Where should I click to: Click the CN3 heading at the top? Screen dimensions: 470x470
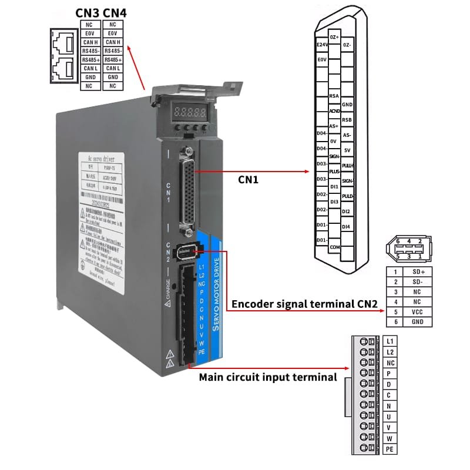(x=88, y=13)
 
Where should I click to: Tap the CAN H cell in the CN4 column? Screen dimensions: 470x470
(x=113, y=42)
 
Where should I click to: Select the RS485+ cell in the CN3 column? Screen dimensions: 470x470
(x=89, y=60)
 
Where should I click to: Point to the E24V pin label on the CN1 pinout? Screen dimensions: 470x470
(x=321, y=45)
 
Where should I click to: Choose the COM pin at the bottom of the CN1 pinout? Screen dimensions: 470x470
(x=334, y=247)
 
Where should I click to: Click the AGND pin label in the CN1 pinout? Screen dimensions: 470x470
(x=334, y=110)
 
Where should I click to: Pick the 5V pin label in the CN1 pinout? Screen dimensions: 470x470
(x=347, y=150)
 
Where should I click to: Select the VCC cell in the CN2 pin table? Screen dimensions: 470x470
(x=418, y=313)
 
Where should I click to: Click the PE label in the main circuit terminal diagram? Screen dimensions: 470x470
(x=391, y=449)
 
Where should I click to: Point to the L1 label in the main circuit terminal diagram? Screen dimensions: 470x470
(x=391, y=341)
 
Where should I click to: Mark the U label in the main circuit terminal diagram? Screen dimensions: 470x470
(x=391, y=417)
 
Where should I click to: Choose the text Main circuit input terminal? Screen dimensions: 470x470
(x=268, y=377)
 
